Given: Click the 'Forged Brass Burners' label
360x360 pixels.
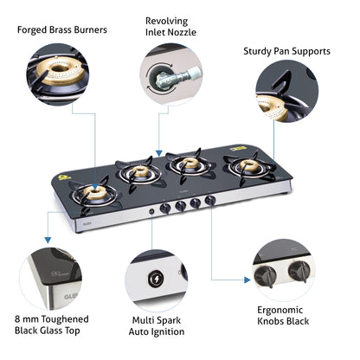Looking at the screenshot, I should (61, 29).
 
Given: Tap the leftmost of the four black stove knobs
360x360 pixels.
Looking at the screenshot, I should (164, 208).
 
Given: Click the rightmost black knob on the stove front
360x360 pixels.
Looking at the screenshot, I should (209, 202).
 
